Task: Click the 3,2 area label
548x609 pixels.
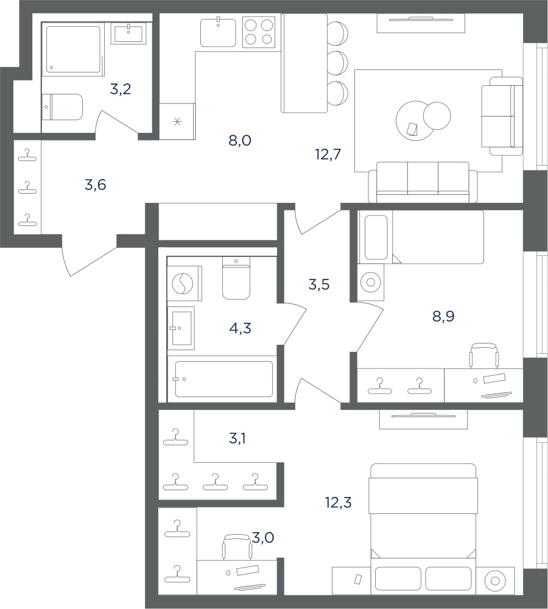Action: (121, 90)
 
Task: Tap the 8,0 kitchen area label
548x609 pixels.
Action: (240, 140)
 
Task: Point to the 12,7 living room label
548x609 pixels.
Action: (328, 154)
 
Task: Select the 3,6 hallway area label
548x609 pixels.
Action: (95, 185)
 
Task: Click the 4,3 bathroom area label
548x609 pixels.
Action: (240, 329)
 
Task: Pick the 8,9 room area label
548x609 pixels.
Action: (443, 317)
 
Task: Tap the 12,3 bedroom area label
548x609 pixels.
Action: (339, 502)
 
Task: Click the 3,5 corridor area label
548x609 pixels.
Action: (319, 284)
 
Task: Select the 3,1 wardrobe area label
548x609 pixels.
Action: (237, 438)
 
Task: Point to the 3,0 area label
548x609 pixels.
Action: (263, 538)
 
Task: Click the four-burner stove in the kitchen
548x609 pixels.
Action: (259, 32)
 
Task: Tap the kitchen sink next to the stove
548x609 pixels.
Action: (218, 32)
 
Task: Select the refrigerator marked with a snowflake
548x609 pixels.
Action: (177, 122)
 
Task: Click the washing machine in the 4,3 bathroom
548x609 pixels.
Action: (184, 283)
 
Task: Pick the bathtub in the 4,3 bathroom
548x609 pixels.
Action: (223, 379)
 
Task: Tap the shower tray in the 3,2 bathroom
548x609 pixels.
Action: (73, 49)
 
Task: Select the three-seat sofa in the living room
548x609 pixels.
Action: (423, 181)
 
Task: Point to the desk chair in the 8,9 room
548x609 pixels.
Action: (484, 355)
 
